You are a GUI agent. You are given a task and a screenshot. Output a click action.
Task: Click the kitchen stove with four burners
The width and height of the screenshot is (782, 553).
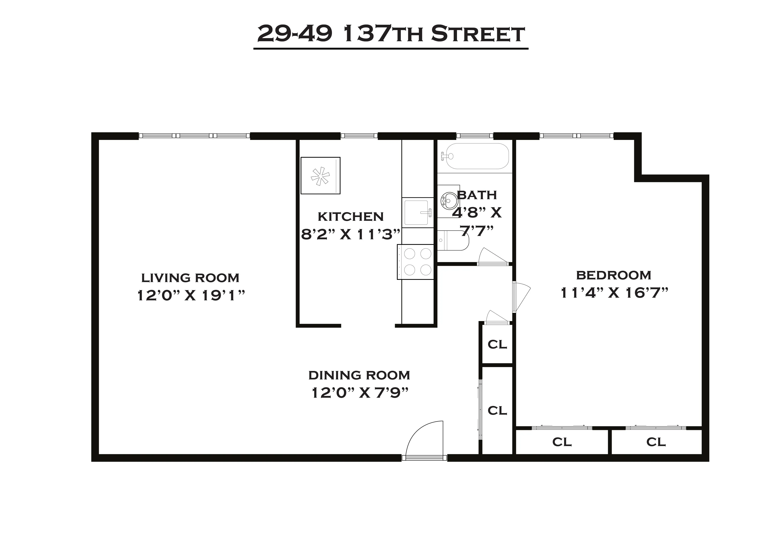point(416,262)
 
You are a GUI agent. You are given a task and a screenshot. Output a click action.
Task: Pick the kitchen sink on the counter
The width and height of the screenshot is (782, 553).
point(417,213)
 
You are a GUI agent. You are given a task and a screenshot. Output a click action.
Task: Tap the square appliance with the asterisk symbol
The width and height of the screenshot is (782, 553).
point(321,176)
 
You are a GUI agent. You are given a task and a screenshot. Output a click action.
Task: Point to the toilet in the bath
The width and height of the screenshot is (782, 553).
point(453,240)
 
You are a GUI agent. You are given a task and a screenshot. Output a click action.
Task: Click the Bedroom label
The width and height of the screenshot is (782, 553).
point(613,275)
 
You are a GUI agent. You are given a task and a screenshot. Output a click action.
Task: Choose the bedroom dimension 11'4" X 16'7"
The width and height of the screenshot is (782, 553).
point(614,293)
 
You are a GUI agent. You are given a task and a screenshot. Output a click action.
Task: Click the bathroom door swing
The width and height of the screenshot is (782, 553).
point(492,257)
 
